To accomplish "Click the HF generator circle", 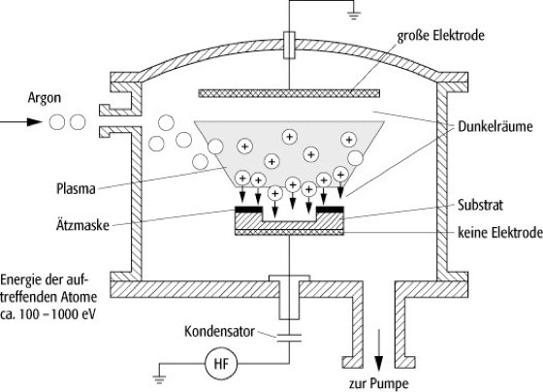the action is tap(221, 364).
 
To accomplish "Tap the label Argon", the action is tap(45, 98).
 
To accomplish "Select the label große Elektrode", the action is tap(440, 36).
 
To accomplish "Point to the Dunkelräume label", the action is tap(495, 126).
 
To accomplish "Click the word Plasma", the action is tap(76, 189).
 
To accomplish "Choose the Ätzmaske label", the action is tap(82, 225).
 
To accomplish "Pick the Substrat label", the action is tap(480, 205).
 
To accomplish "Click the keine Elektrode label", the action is tap(500, 232).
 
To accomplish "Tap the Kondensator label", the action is tap(219, 331).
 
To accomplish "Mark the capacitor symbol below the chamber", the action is tap(289, 338).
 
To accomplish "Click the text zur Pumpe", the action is tap(379, 383).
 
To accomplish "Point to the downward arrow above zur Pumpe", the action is tap(379, 350).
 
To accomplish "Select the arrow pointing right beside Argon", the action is tap(20, 121).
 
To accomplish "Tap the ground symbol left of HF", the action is tap(159, 379).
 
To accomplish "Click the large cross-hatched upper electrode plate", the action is tap(289, 93).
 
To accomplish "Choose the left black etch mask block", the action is tap(248, 210).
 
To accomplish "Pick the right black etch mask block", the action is tap(330, 210).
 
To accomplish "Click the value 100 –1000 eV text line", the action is tap(48, 314).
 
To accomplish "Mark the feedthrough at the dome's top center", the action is tap(289, 45).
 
